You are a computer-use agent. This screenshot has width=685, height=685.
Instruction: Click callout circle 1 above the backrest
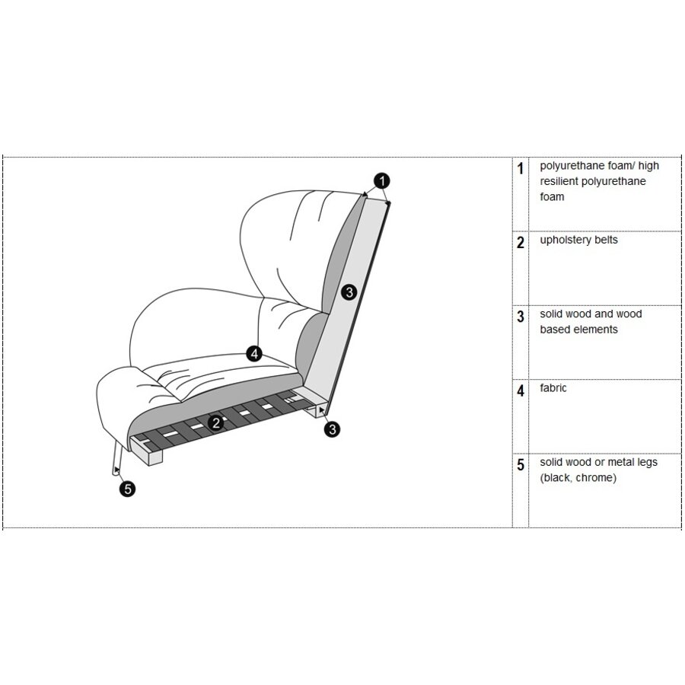(382, 181)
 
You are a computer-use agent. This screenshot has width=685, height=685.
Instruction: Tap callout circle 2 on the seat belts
(216, 423)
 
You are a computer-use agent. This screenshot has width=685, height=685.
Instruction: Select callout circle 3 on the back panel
(349, 292)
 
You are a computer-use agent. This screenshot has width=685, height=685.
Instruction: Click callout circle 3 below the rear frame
(333, 429)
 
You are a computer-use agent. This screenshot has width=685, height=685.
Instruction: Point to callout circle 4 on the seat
(255, 353)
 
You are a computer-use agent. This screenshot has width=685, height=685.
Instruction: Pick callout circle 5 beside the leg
(128, 489)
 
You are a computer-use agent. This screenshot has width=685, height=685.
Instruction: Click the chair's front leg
(116, 458)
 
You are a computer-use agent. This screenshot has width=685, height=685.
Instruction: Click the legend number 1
(520, 169)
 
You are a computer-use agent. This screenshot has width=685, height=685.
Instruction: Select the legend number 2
(521, 243)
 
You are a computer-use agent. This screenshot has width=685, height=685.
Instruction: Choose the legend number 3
(521, 317)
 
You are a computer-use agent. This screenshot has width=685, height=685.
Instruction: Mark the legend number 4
(521, 390)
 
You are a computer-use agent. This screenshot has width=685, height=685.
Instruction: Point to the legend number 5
(521, 465)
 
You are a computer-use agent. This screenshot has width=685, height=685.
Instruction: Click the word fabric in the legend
(553, 388)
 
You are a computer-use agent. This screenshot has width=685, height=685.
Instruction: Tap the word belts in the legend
(606, 240)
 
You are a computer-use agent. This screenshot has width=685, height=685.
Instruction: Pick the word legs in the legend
(646, 463)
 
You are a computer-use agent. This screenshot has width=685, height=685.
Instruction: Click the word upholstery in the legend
(566, 241)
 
